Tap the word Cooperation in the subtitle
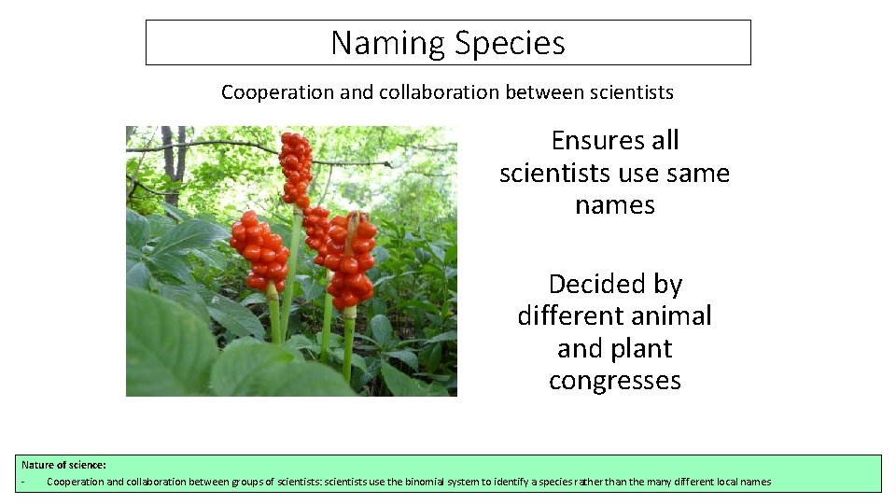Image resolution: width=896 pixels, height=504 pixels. (265, 92)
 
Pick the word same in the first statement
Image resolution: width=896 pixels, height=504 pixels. (699, 174)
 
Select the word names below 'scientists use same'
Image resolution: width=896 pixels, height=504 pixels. (614, 205)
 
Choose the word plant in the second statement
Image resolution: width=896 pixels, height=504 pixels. (643, 349)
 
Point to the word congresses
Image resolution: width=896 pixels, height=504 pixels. (615, 382)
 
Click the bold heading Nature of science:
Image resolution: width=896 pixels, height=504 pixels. (63, 464)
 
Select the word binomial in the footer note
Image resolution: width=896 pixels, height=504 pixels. (428, 482)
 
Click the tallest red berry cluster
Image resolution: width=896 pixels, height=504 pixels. (296, 168)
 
